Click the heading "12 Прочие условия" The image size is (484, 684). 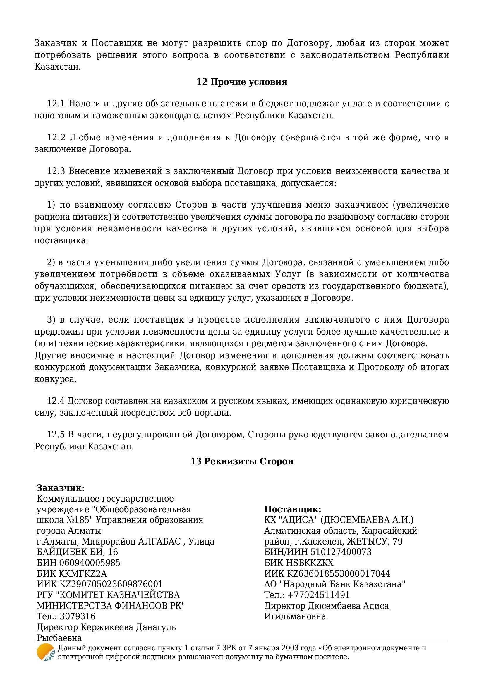click(x=242, y=82)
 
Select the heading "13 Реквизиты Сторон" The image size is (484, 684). click(x=242, y=461)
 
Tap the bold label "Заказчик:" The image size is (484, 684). click(x=61, y=488)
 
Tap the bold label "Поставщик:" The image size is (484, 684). click(x=293, y=509)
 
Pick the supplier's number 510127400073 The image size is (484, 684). click(x=341, y=552)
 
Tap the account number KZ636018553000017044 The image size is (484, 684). click(x=339, y=573)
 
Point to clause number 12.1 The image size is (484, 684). click(x=56, y=104)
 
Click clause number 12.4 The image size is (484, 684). click(x=56, y=401)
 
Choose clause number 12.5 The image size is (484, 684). click(x=56, y=435)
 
